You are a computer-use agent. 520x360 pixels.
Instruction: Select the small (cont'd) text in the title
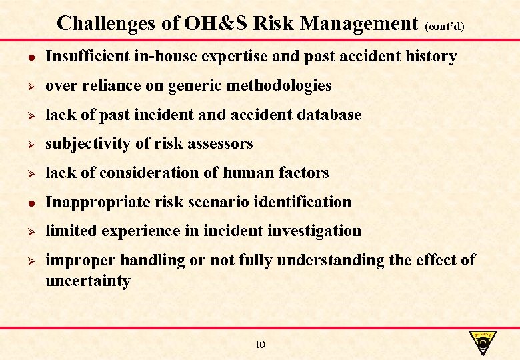[444, 27]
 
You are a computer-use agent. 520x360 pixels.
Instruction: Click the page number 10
[260, 345]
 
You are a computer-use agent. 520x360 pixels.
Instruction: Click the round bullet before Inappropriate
[23, 202]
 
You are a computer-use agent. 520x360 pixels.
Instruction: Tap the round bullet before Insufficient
[23, 57]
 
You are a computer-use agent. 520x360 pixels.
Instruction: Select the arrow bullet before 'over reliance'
[23, 86]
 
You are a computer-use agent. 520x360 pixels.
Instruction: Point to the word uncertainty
[87, 281]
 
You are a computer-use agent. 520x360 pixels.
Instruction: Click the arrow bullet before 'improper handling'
[23, 260]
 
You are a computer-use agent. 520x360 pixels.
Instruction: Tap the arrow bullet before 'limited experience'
[23, 231]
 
